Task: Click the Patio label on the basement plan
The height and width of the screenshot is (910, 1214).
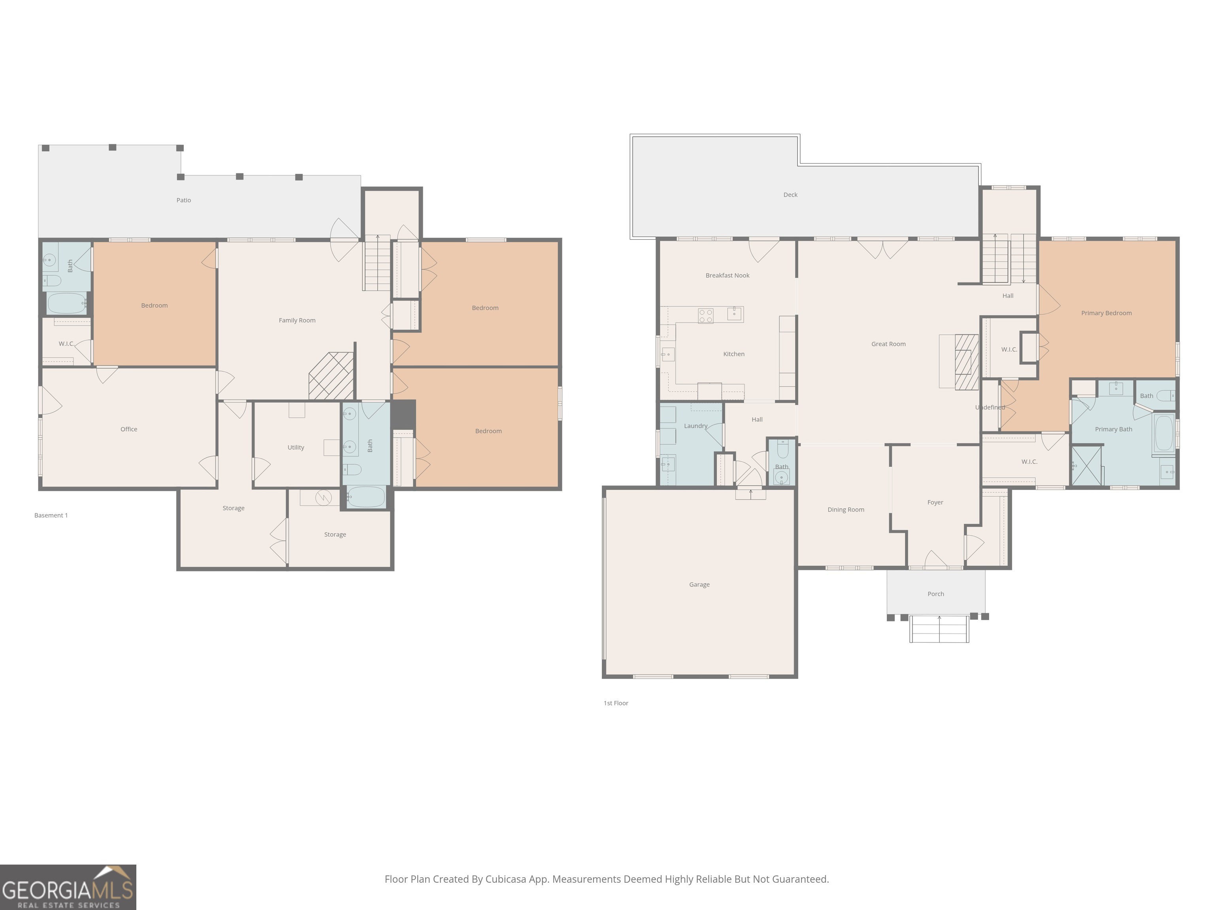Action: point(184,200)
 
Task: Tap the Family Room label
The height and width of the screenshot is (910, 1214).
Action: point(297,320)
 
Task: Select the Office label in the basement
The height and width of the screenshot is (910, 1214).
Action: point(129,429)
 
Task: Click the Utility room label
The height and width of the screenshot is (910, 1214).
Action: point(296,447)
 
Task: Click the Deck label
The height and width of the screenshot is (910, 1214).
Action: point(790,195)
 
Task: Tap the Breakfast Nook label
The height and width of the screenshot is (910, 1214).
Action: point(727,275)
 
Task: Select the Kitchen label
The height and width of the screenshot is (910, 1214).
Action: point(734,354)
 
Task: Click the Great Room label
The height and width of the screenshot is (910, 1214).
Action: point(888,344)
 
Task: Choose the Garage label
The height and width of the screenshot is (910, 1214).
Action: point(699,585)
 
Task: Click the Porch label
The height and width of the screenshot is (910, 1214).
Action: point(936,594)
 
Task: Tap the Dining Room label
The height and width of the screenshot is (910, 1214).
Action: point(846,510)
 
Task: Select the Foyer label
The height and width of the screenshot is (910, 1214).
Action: point(935,502)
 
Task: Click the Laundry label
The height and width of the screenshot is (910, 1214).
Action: point(696,426)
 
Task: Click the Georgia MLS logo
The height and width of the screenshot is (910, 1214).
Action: point(68,887)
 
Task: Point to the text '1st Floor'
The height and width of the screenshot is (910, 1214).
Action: point(616,703)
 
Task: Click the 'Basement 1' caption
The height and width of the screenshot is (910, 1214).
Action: point(51,515)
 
